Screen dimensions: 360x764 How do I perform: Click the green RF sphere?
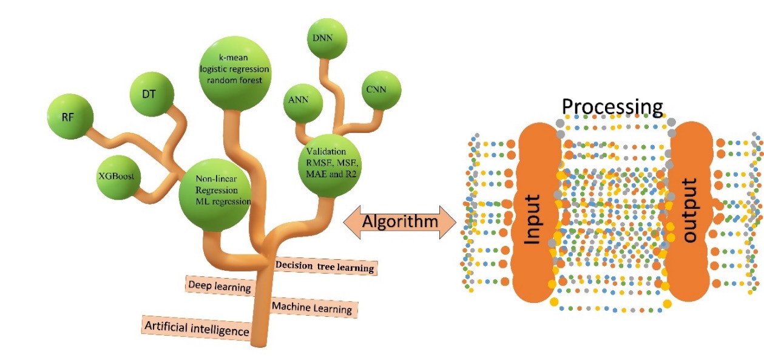coord(70,117)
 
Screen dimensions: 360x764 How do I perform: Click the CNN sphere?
coord(380,90)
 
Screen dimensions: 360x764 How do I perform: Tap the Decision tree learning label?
coord(325,266)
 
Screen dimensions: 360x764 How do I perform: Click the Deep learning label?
coord(219,287)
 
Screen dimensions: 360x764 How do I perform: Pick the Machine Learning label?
coord(311,308)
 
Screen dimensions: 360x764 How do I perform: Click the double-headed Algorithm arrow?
coord(399,222)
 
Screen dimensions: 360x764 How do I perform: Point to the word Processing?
coord(612,107)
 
